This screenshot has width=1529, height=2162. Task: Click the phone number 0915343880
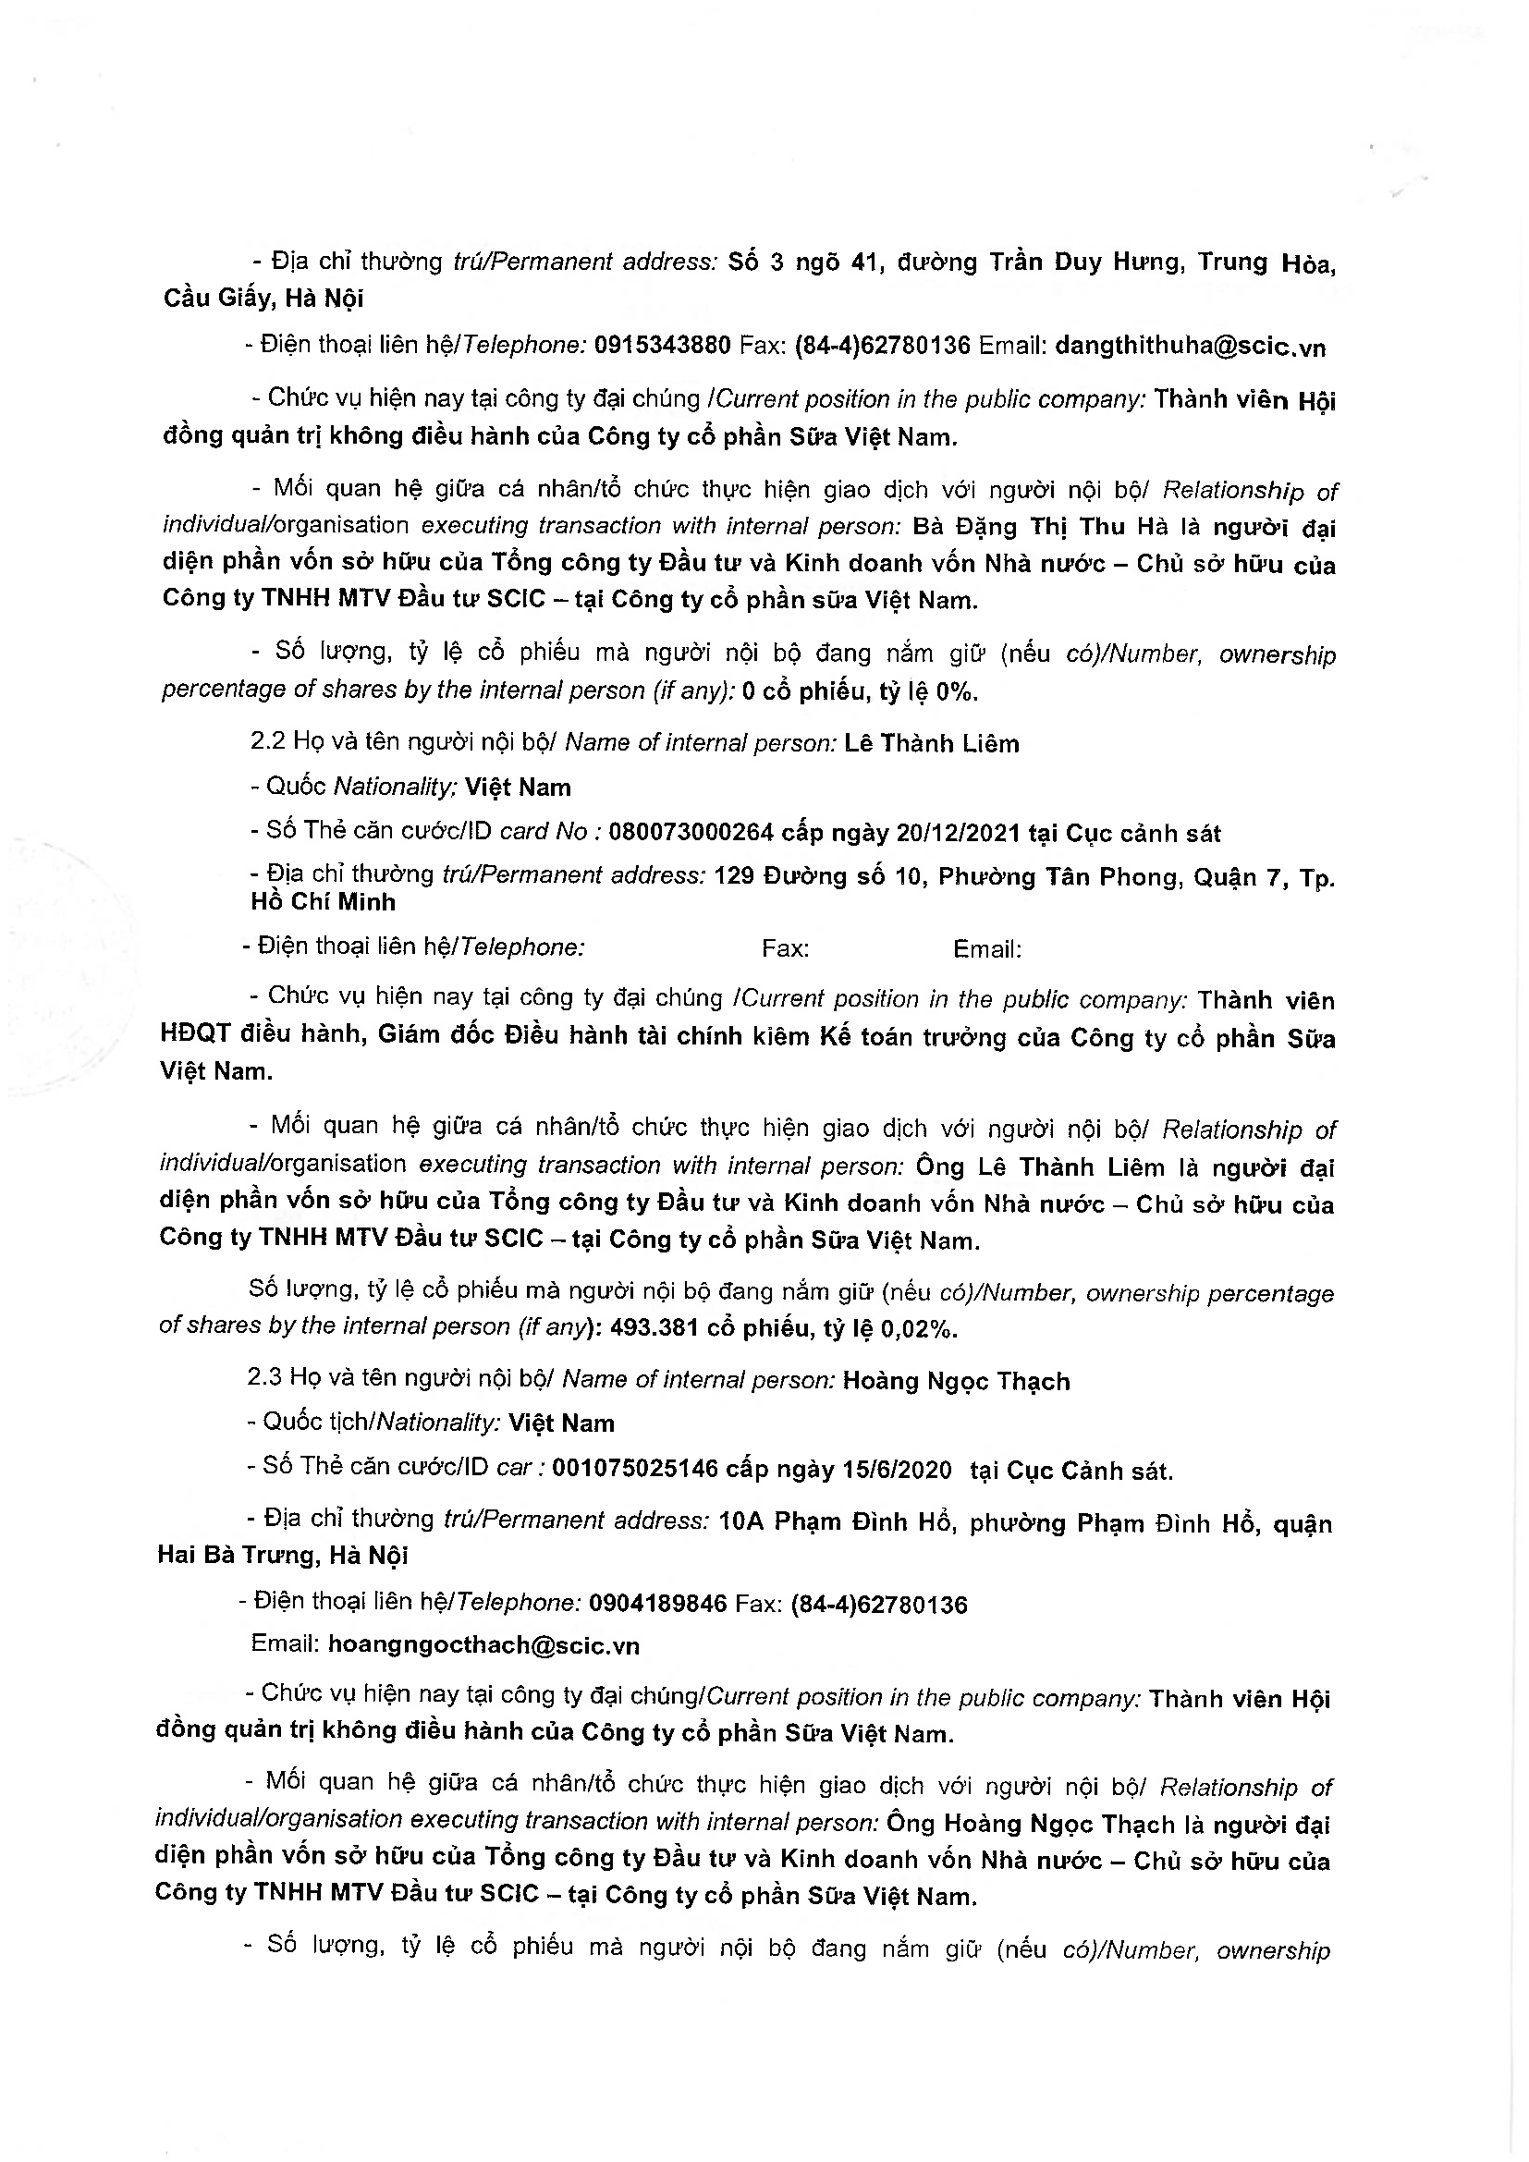662,346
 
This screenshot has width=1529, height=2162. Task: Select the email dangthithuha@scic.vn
1190,347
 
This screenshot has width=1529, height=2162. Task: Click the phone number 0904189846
657,1604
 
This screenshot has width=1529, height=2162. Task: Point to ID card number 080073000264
691,833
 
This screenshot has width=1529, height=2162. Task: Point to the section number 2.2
267,742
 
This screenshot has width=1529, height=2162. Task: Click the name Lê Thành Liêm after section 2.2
931,744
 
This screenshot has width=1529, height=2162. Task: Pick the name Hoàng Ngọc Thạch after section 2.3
956,1381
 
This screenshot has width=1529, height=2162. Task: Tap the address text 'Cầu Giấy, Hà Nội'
263,299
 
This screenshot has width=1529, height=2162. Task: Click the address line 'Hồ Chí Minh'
323,902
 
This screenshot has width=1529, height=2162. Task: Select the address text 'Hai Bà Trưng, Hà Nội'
283,1555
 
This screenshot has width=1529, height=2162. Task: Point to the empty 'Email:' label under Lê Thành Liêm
986,949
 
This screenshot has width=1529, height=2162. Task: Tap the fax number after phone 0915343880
882,346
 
